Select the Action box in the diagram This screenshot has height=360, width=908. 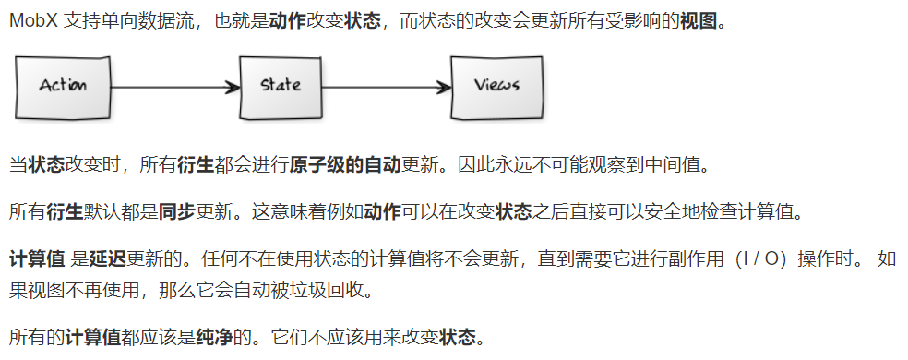pos(63,86)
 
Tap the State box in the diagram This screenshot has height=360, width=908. pos(280,86)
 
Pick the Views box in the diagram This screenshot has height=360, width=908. pos(496,86)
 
